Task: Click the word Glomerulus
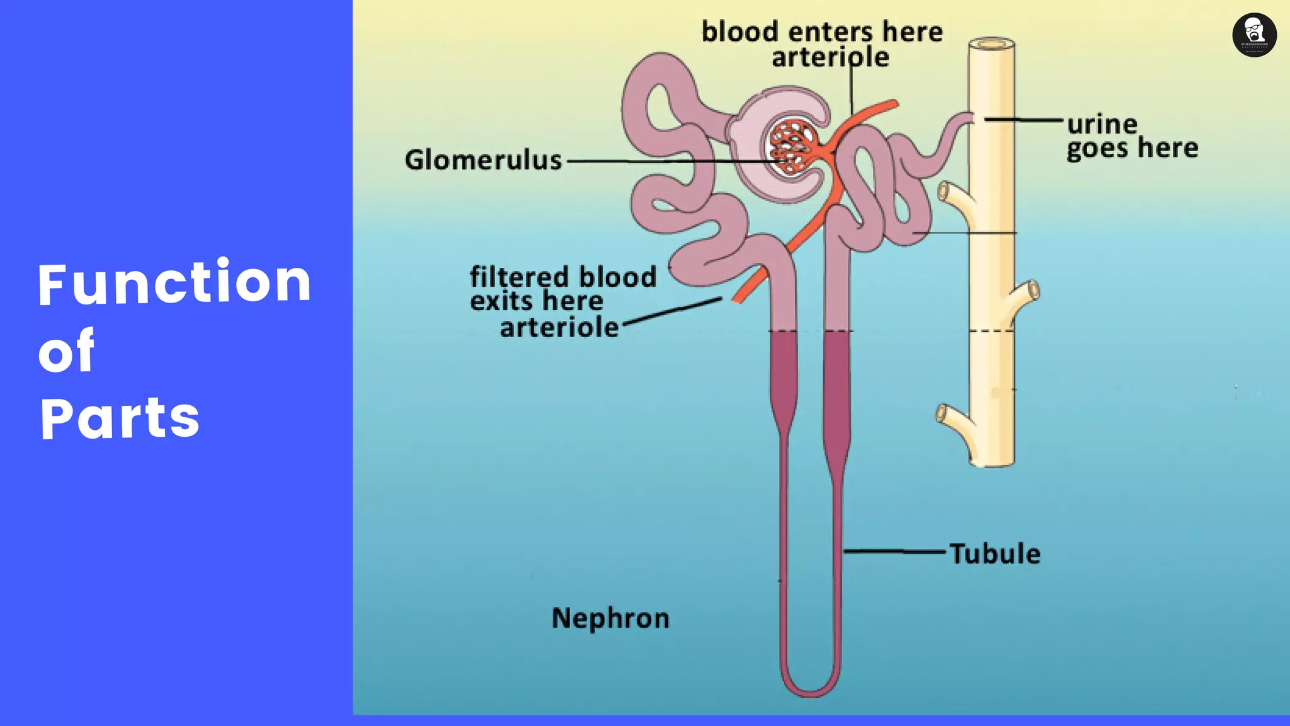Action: pos(483,160)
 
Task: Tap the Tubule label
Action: pos(995,554)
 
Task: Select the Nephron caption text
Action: pos(610,618)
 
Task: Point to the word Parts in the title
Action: pos(120,418)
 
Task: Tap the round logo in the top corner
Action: pos(1254,35)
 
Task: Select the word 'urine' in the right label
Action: pos(1102,124)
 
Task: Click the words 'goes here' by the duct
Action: pos(1132,149)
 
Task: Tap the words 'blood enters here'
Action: pos(822,32)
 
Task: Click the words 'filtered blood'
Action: pos(563,277)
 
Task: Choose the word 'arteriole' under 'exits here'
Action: pos(559,328)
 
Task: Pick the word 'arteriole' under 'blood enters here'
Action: pos(830,58)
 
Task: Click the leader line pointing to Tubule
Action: pos(894,551)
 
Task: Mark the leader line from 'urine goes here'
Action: pos(1024,119)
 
